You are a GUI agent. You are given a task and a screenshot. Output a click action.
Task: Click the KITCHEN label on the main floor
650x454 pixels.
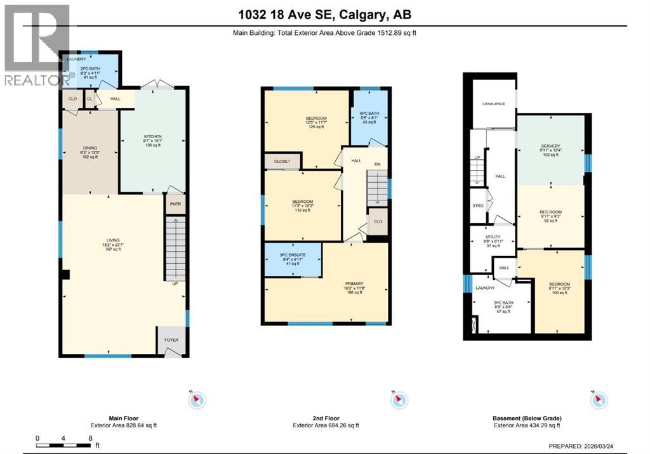(153, 137)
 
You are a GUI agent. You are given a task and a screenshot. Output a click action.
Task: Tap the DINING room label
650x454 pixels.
(89, 147)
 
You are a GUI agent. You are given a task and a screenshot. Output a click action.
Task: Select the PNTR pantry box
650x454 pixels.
(174, 205)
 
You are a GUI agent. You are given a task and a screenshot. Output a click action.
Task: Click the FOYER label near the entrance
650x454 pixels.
(171, 340)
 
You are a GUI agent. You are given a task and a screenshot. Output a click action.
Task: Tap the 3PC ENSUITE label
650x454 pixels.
(292, 254)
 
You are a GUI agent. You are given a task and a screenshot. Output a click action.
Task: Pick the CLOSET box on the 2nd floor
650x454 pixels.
(282, 162)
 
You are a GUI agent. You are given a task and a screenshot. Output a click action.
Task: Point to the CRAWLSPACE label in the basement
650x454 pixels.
(493, 103)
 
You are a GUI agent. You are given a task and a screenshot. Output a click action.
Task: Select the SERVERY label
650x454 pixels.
(550, 146)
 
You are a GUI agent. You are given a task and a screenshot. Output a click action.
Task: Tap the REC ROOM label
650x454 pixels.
(550, 212)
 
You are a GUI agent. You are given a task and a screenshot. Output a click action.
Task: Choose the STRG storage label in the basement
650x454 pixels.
(479, 205)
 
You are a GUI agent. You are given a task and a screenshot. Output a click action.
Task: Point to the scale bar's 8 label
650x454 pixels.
(91, 438)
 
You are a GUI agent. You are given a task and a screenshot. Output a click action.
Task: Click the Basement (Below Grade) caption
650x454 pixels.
(527, 418)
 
